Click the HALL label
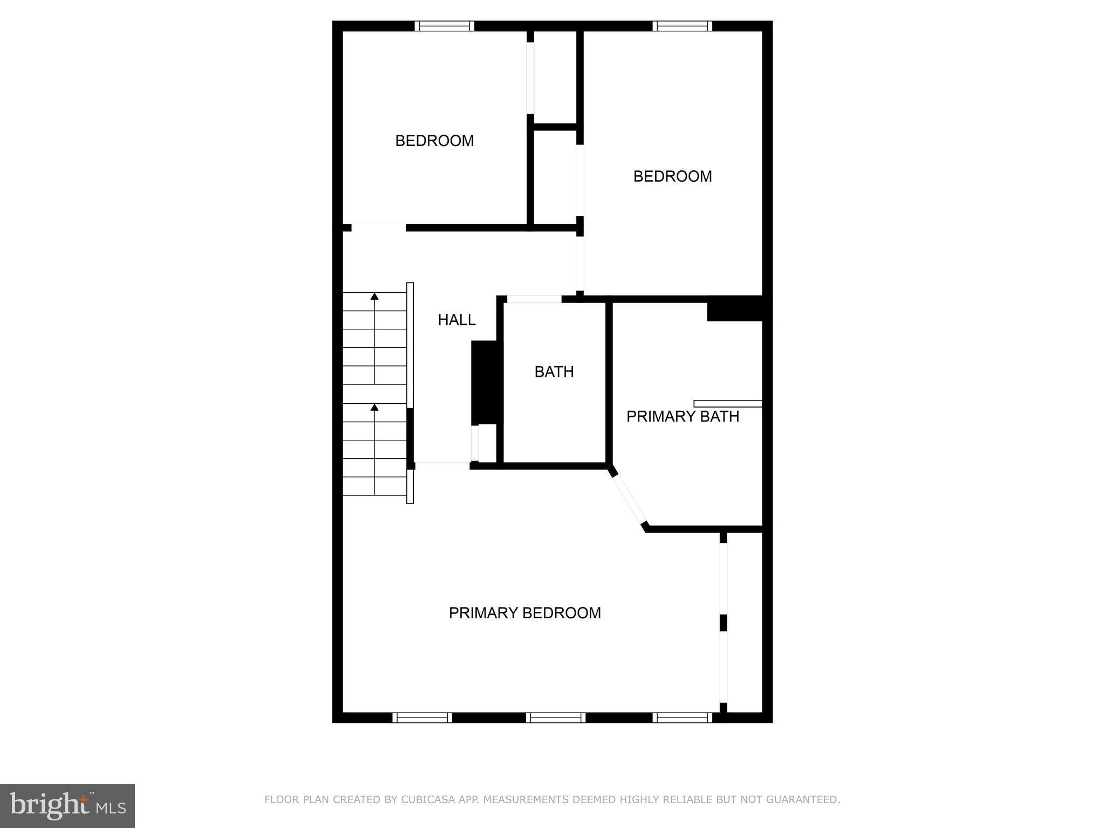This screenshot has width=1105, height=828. (456, 320)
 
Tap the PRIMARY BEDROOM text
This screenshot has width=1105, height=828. (524, 613)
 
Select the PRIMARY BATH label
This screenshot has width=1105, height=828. (683, 417)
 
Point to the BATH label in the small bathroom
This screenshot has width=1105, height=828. (554, 372)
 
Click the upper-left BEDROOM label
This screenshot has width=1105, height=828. (434, 141)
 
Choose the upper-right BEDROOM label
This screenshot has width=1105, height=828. (672, 176)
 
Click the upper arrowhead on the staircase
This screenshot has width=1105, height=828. (374, 296)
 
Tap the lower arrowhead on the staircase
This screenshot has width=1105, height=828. (374, 407)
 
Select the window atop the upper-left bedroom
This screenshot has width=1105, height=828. (444, 26)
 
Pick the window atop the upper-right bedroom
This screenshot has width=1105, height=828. (682, 26)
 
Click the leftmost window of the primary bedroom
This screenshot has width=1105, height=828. (422, 717)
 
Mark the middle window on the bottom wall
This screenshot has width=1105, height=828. (556, 717)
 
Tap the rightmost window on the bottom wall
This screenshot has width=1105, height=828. (682, 717)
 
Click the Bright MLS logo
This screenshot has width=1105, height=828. (67, 805)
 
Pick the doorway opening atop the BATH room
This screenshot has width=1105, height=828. (534, 299)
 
